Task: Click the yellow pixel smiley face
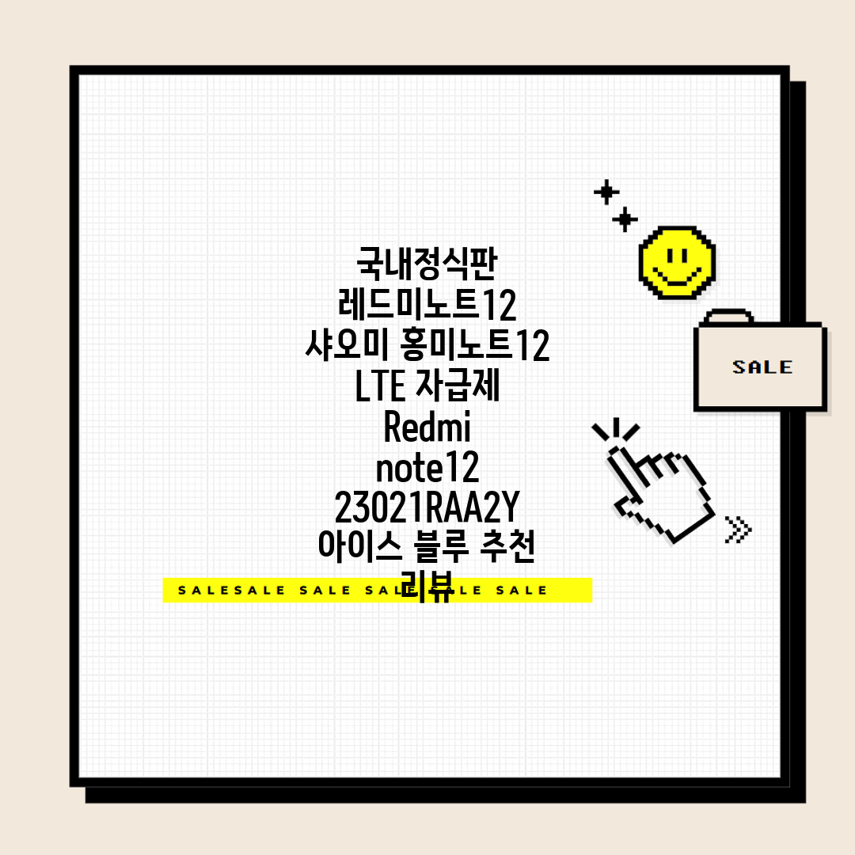point(677,263)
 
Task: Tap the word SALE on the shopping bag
point(762,367)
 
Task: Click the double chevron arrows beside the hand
point(739,530)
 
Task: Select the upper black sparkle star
point(606,192)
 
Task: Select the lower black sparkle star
point(625,220)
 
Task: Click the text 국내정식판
point(427,264)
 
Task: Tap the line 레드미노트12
point(427,304)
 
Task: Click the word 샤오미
point(347,344)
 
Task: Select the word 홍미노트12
point(474,344)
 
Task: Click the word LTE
point(380,386)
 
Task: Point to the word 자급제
point(458,385)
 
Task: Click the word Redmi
point(427,427)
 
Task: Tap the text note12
point(427,467)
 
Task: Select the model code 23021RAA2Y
point(427,507)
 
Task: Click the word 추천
point(507,545)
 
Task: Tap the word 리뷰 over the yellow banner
point(427,586)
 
